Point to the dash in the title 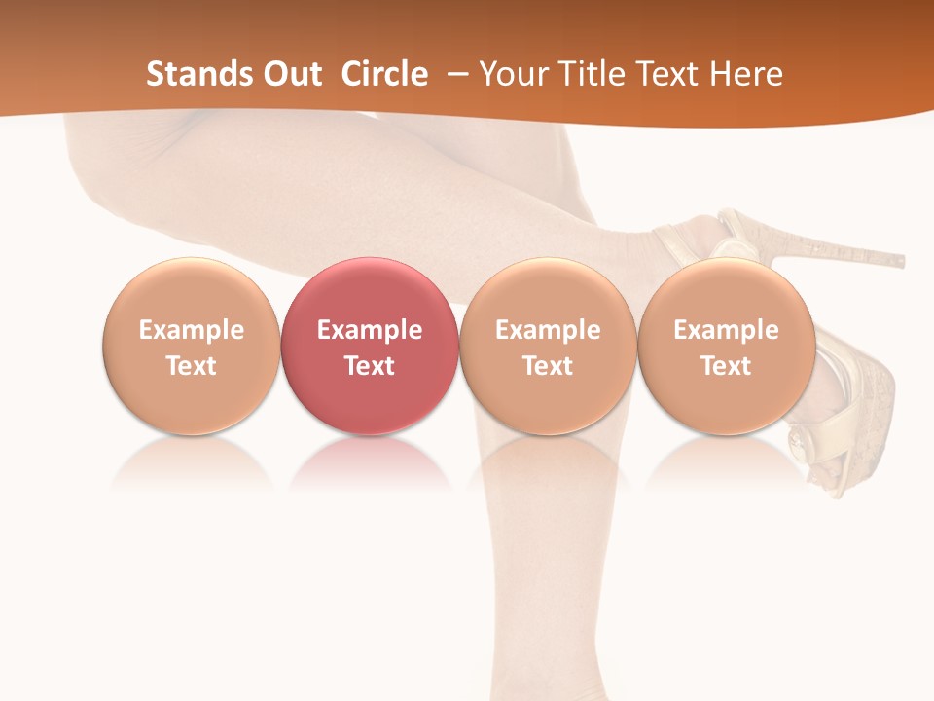point(455,74)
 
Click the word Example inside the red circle point(370,330)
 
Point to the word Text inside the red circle point(370,366)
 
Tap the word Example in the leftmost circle point(191,330)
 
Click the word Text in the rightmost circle point(726,366)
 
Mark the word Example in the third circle point(548,330)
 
